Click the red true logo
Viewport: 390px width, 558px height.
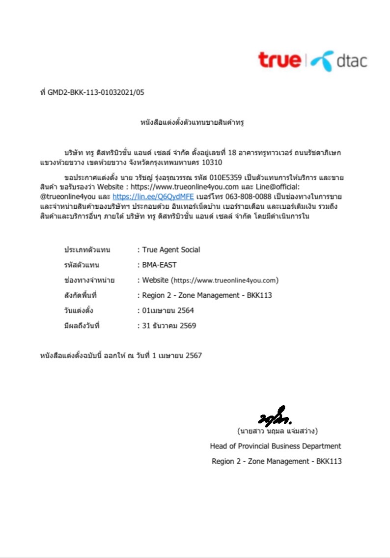[279, 60]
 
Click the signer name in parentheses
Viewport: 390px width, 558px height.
[277, 431]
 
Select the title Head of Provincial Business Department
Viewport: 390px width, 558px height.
[276, 446]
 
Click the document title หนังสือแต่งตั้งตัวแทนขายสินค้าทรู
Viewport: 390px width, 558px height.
[193, 122]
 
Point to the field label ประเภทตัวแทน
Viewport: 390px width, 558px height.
[87, 250]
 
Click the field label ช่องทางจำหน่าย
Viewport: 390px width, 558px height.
[89, 280]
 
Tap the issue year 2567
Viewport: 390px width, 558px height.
[194, 355]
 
